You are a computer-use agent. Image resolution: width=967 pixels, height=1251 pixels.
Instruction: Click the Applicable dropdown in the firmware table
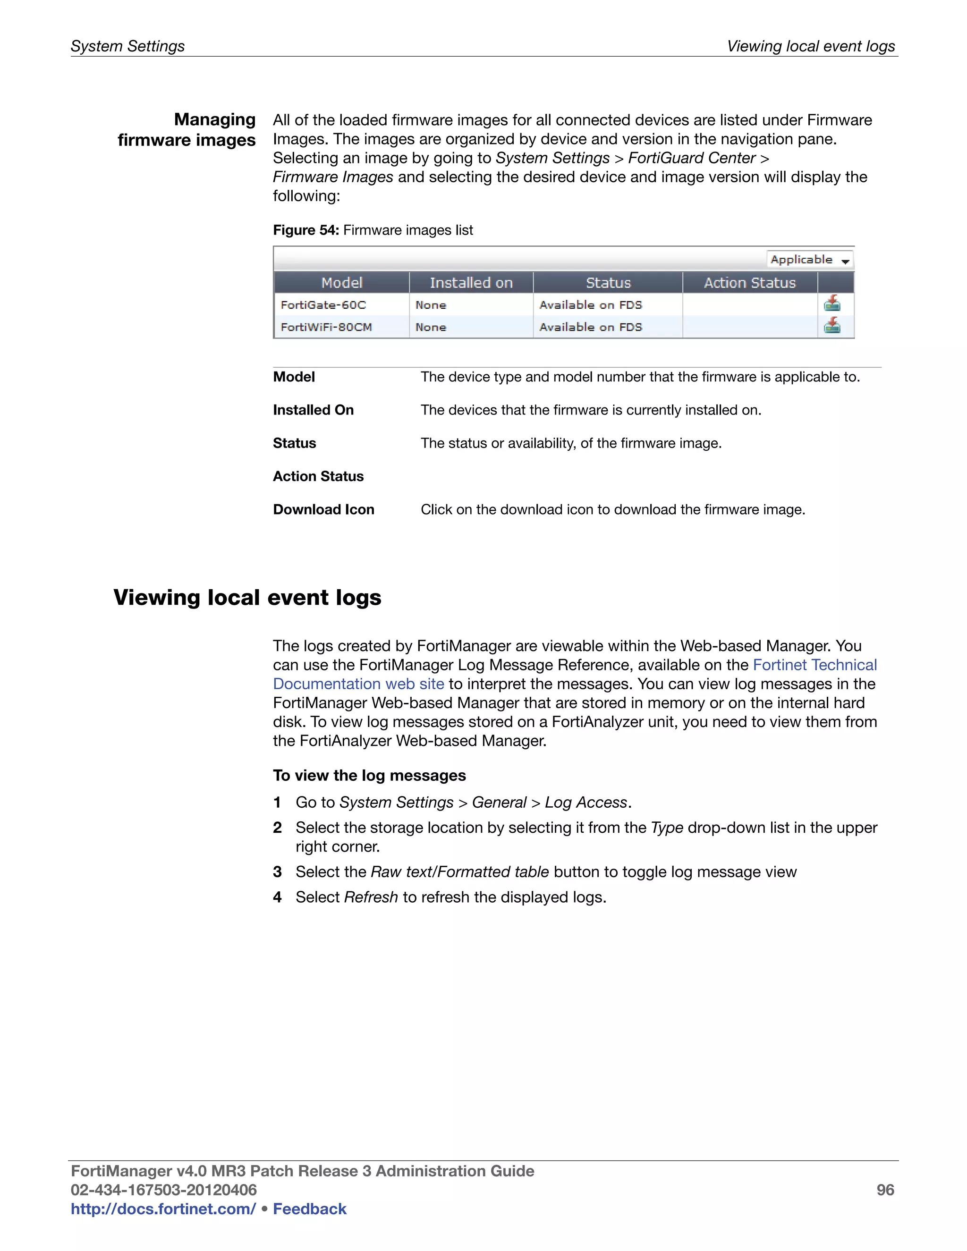809,260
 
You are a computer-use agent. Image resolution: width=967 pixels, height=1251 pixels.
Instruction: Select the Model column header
341,282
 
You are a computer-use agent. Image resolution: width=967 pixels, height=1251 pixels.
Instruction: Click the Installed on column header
471,282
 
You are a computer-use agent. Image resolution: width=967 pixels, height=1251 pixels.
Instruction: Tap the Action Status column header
749,282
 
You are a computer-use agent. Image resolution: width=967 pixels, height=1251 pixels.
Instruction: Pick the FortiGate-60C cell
323,305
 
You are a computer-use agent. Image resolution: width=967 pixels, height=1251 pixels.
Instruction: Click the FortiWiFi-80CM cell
326,327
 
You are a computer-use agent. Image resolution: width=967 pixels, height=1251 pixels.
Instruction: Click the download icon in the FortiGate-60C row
832,304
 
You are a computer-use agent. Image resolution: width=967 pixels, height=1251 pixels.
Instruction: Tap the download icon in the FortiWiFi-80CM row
832,326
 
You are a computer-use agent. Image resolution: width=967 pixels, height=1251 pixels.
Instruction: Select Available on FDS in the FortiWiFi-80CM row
591,327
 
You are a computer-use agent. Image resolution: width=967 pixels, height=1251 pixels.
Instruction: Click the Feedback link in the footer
309,1209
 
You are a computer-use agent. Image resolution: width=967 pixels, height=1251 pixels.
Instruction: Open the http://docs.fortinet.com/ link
163,1209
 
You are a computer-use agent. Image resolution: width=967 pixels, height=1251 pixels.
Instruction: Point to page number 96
885,1190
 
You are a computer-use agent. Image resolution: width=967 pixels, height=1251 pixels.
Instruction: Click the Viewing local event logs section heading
247,598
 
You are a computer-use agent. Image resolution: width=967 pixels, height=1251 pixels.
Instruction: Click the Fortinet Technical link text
814,665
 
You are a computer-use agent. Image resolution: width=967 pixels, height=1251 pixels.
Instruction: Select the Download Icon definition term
323,509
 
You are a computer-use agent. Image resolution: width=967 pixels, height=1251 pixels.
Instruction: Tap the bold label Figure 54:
306,230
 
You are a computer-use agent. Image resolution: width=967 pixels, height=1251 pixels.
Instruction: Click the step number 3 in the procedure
277,872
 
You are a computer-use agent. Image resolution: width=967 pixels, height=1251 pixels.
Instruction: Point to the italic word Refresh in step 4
371,897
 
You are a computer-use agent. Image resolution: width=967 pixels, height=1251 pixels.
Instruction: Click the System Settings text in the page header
128,46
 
